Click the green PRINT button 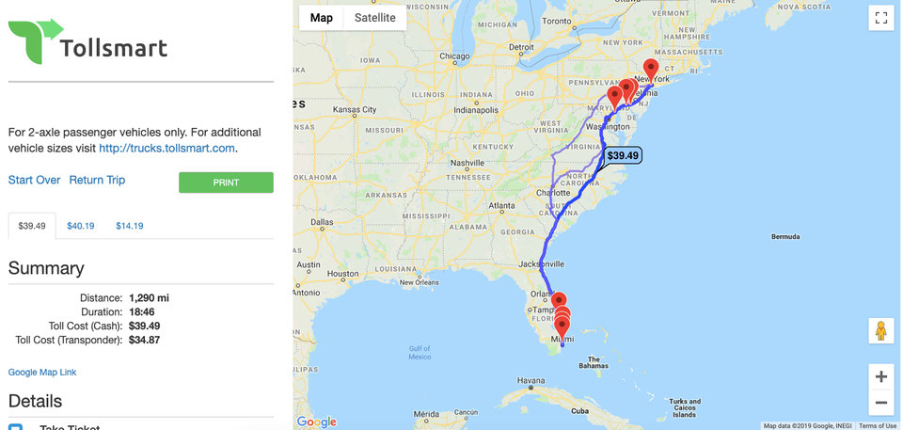pos(226,183)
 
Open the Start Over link pos(34,180)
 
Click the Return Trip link pos(97,180)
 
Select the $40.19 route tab pos(81,226)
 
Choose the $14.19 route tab pos(130,226)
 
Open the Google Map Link pos(42,373)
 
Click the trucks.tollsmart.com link pos(166,148)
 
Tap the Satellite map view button pos(374,18)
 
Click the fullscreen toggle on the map pos(880,18)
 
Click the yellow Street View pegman pos(880,331)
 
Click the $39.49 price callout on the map pos(622,155)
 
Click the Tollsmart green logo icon pos(35,40)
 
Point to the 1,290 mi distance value pos(149,298)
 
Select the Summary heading pos(46,268)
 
